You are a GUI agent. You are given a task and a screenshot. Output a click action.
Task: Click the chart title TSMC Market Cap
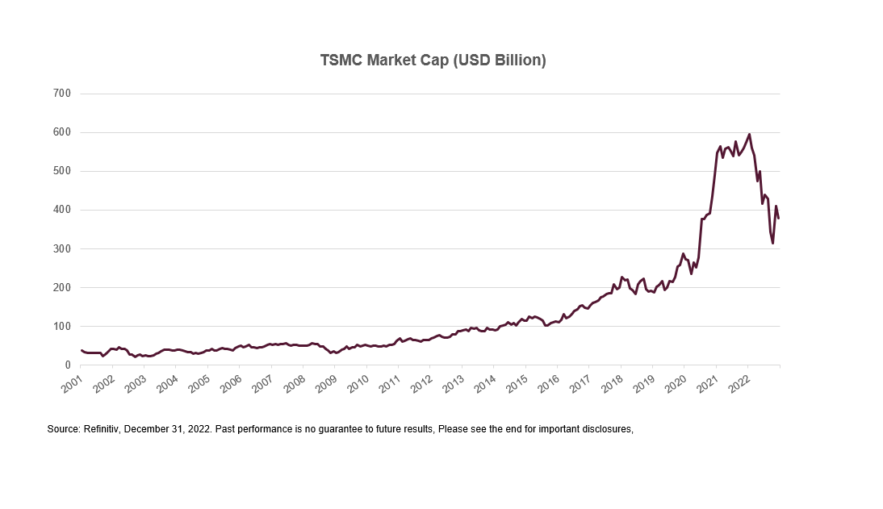pyautogui.click(x=433, y=60)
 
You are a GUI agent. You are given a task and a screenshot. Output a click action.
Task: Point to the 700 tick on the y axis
pyautogui.click(x=63, y=94)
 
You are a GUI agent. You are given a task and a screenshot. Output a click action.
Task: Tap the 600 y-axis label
pyautogui.click(x=63, y=132)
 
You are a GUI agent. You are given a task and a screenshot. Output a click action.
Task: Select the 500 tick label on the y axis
pyautogui.click(x=63, y=171)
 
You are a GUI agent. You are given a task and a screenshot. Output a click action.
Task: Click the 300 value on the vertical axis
pyautogui.click(x=63, y=248)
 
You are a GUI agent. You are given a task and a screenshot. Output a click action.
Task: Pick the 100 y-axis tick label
pyautogui.click(x=63, y=326)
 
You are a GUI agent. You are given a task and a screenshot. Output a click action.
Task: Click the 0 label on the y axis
pyautogui.click(x=69, y=365)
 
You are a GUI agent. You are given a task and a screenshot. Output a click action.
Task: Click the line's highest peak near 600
pyautogui.click(x=749, y=134)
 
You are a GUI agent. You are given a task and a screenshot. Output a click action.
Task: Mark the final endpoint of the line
pyautogui.click(x=778, y=218)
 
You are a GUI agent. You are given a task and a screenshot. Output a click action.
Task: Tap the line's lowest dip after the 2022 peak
pyautogui.click(x=772, y=243)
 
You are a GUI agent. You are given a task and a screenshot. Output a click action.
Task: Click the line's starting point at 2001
pyautogui.click(x=82, y=350)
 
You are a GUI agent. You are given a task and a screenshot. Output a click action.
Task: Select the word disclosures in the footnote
pyautogui.click(x=606, y=429)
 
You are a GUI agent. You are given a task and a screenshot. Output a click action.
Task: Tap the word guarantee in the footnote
pyautogui.click(x=354, y=429)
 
